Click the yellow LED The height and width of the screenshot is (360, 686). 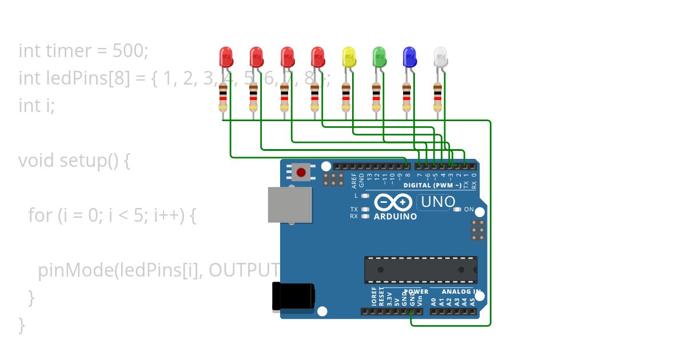pyautogui.click(x=348, y=57)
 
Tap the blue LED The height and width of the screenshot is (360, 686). pyautogui.click(x=409, y=57)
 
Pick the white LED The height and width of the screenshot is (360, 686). pyautogui.click(x=440, y=57)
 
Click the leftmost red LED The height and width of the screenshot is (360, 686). pyautogui.click(x=226, y=57)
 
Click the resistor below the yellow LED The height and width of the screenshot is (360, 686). pyautogui.click(x=346, y=97)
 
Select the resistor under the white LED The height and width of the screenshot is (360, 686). pyautogui.click(x=437, y=97)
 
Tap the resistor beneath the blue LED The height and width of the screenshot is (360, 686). pyautogui.click(x=406, y=97)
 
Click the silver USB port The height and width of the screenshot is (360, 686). pyautogui.click(x=290, y=205)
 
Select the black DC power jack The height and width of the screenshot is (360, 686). pyautogui.click(x=293, y=297)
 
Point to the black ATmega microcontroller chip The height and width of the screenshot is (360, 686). pyautogui.click(x=421, y=270)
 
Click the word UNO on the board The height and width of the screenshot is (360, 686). pyautogui.click(x=438, y=202)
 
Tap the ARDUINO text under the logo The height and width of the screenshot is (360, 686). pyautogui.click(x=395, y=217)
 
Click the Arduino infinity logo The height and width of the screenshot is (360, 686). pyautogui.click(x=393, y=203)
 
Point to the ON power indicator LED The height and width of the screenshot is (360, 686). pyautogui.click(x=457, y=210)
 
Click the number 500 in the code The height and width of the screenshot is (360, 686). pyautogui.click(x=129, y=51)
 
